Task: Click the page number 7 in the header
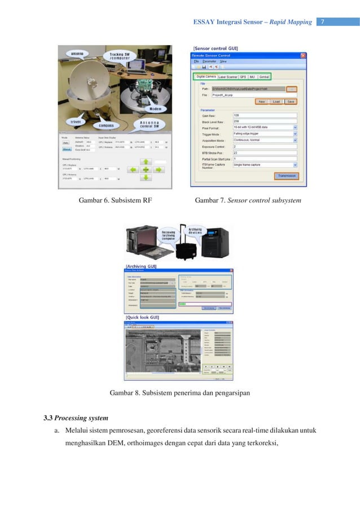coord(322,22)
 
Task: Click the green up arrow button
coord(146,161)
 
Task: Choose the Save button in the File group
coord(291,102)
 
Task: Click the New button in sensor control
coord(261,102)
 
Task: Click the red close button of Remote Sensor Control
coord(303,56)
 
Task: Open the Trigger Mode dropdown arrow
coord(296,133)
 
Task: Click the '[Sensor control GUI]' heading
coord(216,49)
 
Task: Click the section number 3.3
coord(49,418)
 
